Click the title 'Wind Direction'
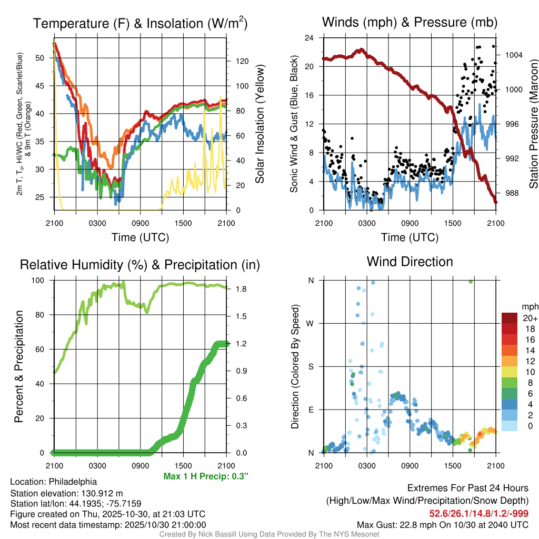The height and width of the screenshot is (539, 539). (x=410, y=262)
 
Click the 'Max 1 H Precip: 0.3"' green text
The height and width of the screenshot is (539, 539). (x=206, y=476)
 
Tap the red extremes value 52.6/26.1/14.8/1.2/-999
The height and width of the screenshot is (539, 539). (x=479, y=513)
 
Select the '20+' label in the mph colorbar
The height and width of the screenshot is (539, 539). (x=530, y=318)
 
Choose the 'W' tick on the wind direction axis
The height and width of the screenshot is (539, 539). (x=311, y=323)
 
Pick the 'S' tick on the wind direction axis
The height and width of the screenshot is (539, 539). (x=311, y=366)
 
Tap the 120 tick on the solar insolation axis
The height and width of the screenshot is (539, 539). (x=242, y=61)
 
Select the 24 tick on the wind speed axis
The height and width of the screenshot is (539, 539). (x=310, y=38)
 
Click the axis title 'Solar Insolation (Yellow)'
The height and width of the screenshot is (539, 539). (x=260, y=124)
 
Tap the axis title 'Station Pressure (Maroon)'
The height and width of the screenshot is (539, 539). (x=533, y=124)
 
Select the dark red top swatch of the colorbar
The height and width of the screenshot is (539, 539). (x=510, y=318)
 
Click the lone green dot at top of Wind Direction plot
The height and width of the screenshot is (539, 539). (x=471, y=282)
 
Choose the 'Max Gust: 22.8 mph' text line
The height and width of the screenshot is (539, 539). (x=442, y=524)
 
